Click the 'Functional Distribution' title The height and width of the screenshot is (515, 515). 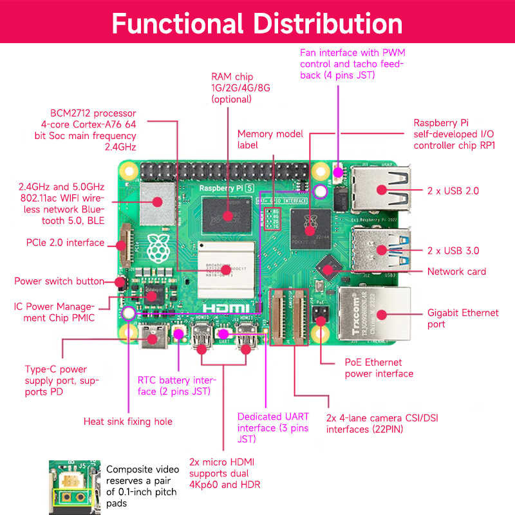click(257, 23)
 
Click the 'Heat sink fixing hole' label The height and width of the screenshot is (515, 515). click(128, 422)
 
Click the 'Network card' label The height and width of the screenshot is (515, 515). click(456, 272)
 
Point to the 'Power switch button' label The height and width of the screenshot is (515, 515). click(59, 281)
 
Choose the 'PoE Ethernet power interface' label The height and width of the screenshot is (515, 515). click(379, 368)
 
